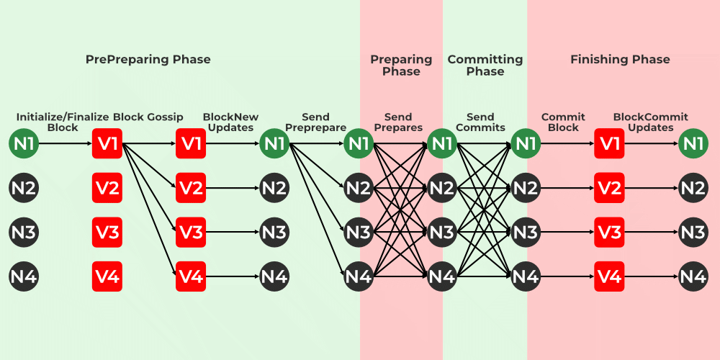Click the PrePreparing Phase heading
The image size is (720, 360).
148,59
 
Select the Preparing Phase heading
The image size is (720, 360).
401,65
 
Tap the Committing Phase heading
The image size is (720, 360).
485,65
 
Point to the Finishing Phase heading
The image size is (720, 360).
620,59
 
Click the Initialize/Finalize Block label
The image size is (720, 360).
62,122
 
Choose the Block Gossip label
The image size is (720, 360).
148,117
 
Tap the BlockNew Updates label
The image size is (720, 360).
230,122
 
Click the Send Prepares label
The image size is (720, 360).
398,122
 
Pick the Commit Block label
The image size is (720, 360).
563,122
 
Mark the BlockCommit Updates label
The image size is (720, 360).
650,122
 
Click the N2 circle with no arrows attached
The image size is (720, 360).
24,188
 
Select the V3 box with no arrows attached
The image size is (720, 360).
107,232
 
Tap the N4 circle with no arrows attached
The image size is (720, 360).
24,276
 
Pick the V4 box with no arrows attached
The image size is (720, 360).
107,276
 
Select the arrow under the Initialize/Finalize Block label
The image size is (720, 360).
65,144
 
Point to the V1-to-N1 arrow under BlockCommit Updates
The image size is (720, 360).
652,144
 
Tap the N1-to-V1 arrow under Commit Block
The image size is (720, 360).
567,144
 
